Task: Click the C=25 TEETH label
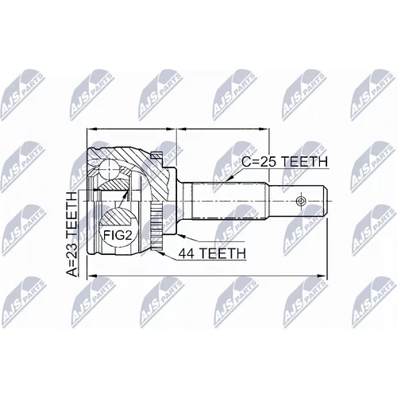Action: click(x=284, y=161)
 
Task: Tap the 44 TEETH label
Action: click(x=212, y=253)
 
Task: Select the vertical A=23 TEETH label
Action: click(x=71, y=234)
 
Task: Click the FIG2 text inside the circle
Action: click(x=118, y=235)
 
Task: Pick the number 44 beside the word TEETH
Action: click(x=187, y=253)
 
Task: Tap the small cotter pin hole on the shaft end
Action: click(x=301, y=202)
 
